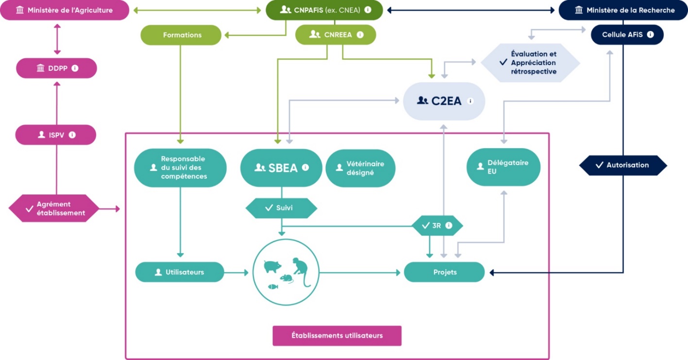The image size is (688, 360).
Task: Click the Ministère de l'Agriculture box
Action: click(65, 10)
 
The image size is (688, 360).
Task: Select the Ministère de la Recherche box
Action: click(623, 10)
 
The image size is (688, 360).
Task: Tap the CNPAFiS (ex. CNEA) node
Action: click(324, 10)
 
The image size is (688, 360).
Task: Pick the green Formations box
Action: click(181, 35)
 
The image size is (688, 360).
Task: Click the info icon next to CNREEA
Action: click(360, 34)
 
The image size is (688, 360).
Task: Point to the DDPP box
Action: click(56, 69)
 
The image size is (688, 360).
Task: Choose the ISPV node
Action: click(56, 135)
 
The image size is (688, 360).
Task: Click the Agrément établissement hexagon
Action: click(54, 208)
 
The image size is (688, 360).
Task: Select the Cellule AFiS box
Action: click(627, 34)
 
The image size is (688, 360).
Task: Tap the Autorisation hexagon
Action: click(623, 165)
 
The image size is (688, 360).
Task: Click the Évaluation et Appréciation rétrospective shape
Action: click(530, 63)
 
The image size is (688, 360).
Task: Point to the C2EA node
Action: click(444, 101)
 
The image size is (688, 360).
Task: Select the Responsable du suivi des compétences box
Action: click(180, 168)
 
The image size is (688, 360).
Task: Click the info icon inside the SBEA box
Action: click(305, 167)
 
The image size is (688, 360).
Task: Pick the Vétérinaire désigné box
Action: click(360, 168)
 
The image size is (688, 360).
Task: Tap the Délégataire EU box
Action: click(503, 167)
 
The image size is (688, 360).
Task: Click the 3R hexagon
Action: click(437, 225)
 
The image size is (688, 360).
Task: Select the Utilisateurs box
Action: click(180, 272)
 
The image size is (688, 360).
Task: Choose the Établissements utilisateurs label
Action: click(337, 335)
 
